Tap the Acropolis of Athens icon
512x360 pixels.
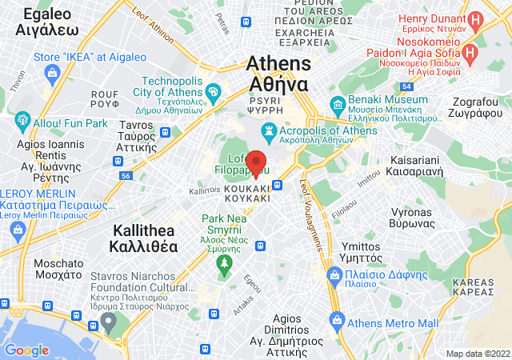pos(270,130)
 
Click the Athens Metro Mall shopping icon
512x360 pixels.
pos(337,322)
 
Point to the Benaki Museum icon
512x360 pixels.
pos(339,106)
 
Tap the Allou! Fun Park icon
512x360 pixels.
pos(22,123)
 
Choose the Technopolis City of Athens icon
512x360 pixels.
pos(214,94)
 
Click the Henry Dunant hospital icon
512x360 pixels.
pos(475,18)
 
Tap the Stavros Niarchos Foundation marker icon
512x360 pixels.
pos(109,322)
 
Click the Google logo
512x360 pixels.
pos(26,350)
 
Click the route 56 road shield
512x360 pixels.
pos(126,174)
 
